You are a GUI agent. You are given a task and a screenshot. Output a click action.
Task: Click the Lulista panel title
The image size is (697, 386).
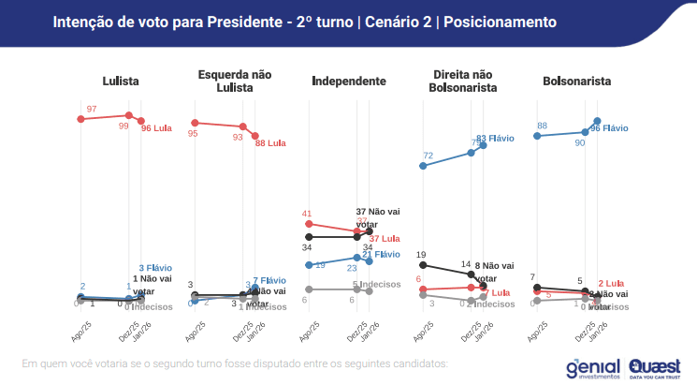click(x=121, y=82)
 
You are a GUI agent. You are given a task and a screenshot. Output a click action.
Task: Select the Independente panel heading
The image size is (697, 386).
click(x=349, y=82)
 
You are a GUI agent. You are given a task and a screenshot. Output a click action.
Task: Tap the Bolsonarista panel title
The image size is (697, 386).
click(x=576, y=82)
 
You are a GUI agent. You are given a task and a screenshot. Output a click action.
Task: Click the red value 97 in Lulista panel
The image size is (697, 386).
click(x=92, y=110)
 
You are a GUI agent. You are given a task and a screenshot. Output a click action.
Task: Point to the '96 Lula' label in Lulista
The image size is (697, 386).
click(x=157, y=128)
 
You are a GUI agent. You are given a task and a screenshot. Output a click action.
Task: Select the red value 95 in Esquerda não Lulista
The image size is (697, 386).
click(x=193, y=134)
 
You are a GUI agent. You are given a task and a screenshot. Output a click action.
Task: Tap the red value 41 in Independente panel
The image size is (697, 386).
click(x=307, y=214)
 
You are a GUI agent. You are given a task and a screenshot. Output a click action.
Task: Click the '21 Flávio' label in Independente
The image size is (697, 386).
click(x=381, y=255)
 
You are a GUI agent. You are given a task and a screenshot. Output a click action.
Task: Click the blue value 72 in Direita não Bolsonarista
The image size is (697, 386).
click(x=428, y=156)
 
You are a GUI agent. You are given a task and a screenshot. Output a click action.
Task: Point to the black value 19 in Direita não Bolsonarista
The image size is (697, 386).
click(x=422, y=255)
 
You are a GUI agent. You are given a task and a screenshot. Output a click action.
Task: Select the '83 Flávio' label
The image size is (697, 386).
click(x=496, y=139)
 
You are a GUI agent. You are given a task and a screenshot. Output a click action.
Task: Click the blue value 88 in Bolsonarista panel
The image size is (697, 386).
click(x=542, y=126)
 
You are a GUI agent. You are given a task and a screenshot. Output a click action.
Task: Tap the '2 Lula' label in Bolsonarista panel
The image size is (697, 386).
click(x=611, y=283)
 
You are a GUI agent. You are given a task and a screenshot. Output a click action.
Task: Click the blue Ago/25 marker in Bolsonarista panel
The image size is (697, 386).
click(x=537, y=136)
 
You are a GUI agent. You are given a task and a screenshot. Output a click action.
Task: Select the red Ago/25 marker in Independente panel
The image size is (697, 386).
click(x=308, y=224)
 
